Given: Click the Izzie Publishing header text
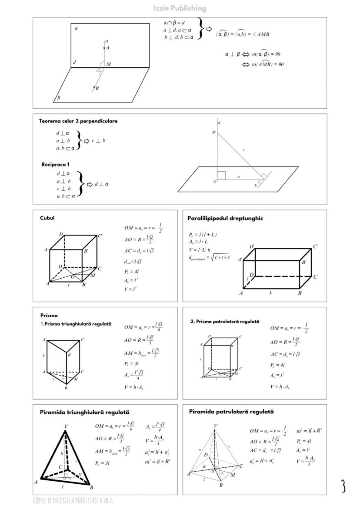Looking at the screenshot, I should coord(180,8).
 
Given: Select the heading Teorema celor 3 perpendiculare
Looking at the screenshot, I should coord(78,121).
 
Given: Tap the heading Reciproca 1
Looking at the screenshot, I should coord(55,164).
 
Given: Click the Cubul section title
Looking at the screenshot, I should coord(47,218).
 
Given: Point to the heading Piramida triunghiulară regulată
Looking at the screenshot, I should coord(84,412).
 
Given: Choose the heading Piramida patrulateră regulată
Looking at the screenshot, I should coord(231,411).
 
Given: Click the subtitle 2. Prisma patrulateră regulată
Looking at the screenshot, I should coord(225,322).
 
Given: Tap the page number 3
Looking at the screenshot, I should coord(343,486).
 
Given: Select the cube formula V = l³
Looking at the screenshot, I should coord(130,289).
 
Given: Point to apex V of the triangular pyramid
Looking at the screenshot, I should coord(66,426).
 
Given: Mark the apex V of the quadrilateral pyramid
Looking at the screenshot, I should coord(216,425).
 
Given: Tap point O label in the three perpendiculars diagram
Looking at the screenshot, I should coord(214,181).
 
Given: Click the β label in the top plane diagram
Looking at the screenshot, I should coord(59,98).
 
